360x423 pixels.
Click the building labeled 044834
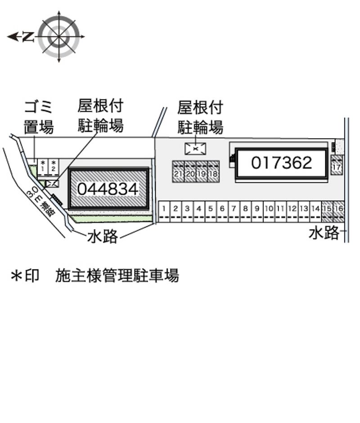tap(108, 188)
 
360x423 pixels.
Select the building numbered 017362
tap(281, 163)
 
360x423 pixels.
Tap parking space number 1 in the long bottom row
tap(165, 211)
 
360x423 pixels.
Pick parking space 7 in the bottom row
tap(234, 211)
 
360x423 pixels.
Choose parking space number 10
tap(269, 211)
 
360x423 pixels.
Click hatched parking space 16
tap(339, 211)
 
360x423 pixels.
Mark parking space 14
tap(315, 211)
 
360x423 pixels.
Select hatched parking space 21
tap(178, 171)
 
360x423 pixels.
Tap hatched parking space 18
tap(213, 171)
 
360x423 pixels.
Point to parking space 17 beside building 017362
tap(336, 165)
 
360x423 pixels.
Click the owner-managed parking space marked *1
tap(43, 166)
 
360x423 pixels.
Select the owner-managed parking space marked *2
tap(53, 166)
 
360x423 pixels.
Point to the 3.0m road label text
tap(40, 202)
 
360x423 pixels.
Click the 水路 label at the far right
tap(324, 233)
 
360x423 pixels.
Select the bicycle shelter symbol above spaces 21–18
tap(196, 148)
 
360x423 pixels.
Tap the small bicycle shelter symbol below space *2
tap(52, 183)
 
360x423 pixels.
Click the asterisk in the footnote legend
tap(16, 275)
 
